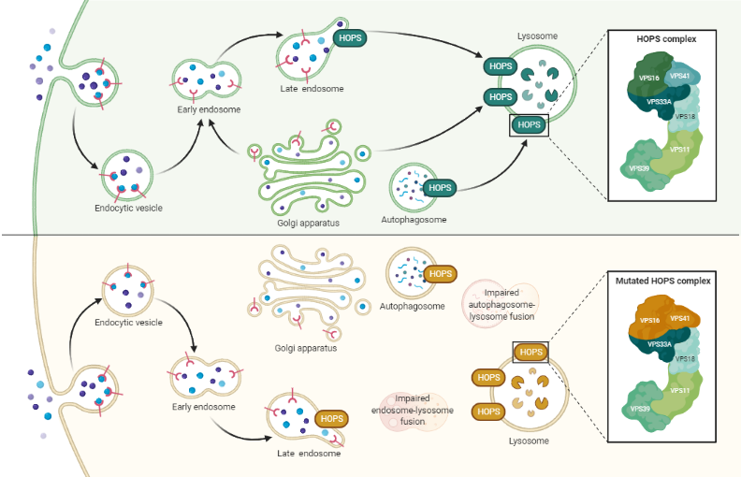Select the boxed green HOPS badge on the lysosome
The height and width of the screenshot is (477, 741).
click(529, 124)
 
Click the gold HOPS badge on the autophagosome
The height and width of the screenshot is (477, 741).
click(439, 274)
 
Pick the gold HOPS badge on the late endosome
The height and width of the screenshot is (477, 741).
click(332, 418)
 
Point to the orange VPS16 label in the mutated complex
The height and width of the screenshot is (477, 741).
click(650, 320)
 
